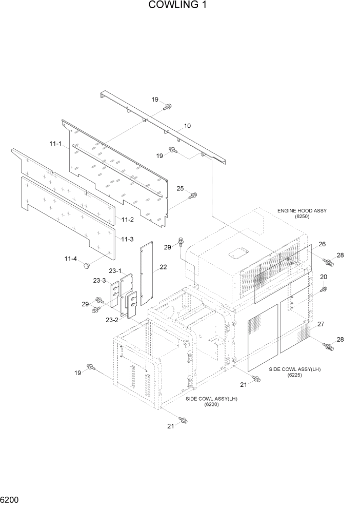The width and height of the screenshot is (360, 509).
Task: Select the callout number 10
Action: coord(187,126)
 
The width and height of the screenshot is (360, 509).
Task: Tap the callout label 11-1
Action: coord(56,145)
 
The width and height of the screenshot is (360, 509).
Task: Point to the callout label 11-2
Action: coord(128,219)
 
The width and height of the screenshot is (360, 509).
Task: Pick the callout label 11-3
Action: coord(128,239)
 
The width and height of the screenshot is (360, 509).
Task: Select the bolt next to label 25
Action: coord(193,195)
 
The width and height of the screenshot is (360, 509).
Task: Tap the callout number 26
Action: coord(322,244)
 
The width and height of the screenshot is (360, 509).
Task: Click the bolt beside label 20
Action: coord(324,289)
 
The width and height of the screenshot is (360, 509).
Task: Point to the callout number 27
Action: coord(321,324)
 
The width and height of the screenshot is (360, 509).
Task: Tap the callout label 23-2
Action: coord(112,320)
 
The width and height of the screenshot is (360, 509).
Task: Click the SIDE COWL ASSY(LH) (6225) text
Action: coord(294,372)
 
